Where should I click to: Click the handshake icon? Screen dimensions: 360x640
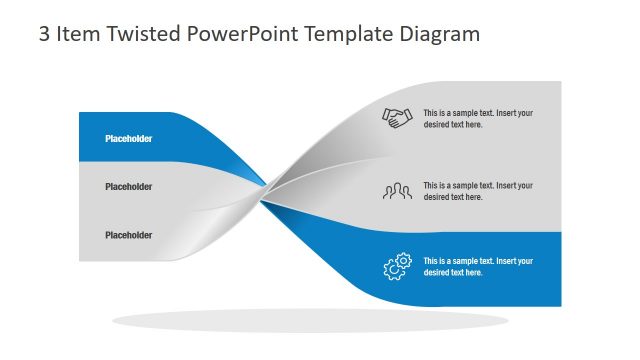(x=398, y=118)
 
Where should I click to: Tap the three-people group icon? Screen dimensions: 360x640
(x=398, y=190)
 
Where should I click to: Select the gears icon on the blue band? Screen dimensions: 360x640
(x=397, y=267)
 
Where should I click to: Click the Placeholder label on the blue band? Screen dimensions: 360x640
(x=129, y=139)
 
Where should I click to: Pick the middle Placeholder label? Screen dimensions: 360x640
(x=129, y=187)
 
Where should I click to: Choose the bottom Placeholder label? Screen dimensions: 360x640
(x=129, y=235)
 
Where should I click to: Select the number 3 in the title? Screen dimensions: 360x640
(x=44, y=34)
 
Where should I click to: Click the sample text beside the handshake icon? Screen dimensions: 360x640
(x=478, y=119)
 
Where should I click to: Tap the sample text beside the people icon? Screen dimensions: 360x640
(x=478, y=191)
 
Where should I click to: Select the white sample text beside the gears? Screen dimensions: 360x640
(x=478, y=267)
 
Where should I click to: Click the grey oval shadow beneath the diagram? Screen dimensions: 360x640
(x=310, y=320)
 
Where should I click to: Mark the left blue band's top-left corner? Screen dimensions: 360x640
(x=80, y=114)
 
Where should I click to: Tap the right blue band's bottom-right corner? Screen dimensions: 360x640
(x=560, y=305)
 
